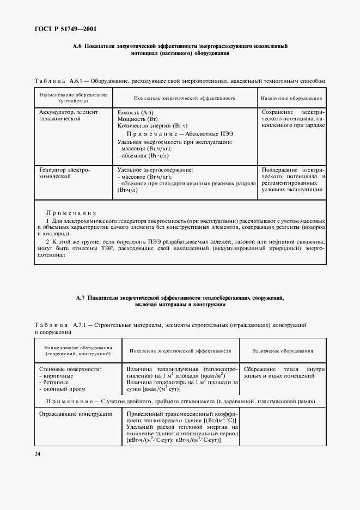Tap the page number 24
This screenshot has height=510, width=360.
(x=38, y=453)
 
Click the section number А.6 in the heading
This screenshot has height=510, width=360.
(x=77, y=47)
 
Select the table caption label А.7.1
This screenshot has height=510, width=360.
(x=77, y=325)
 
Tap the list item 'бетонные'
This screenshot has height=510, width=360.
(x=57, y=382)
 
